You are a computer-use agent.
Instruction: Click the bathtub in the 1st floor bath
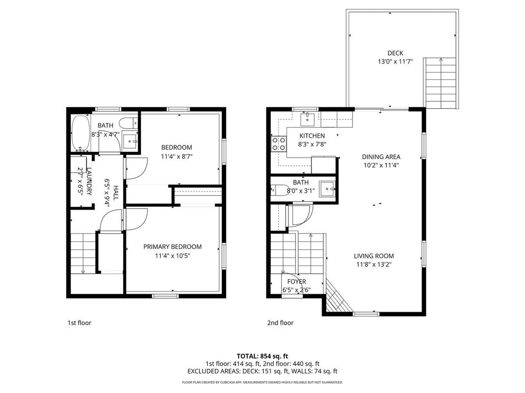[x=81, y=133]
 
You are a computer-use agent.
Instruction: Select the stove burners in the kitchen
[x=279, y=144]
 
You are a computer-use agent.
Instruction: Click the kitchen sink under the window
[x=307, y=119]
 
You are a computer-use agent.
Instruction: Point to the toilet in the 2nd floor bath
[x=279, y=190]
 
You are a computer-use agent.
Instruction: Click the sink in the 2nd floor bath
[x=327, y=189]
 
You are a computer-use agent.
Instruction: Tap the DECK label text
[x=395, y=53]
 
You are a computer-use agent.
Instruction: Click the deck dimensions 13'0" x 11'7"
[x=395, y=61]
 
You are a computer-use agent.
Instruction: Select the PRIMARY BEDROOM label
[x=172, y=247]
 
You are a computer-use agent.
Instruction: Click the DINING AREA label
[x=381, y=157]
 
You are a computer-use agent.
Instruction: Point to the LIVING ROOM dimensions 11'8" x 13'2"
[x=374, y=264]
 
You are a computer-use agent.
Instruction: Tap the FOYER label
[x=296, y=282]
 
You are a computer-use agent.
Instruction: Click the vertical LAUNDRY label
[x=89, y=181]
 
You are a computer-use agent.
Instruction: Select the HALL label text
[x=116, y=193]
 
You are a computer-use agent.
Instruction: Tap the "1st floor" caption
[x=79, y=323]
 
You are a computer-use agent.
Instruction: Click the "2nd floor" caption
[x=280, y=323]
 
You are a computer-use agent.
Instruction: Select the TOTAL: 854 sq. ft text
[x=262, y=356]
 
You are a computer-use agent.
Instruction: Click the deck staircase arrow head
[x=441, y=59]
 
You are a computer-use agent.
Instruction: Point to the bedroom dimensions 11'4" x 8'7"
[x=177, y=156]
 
